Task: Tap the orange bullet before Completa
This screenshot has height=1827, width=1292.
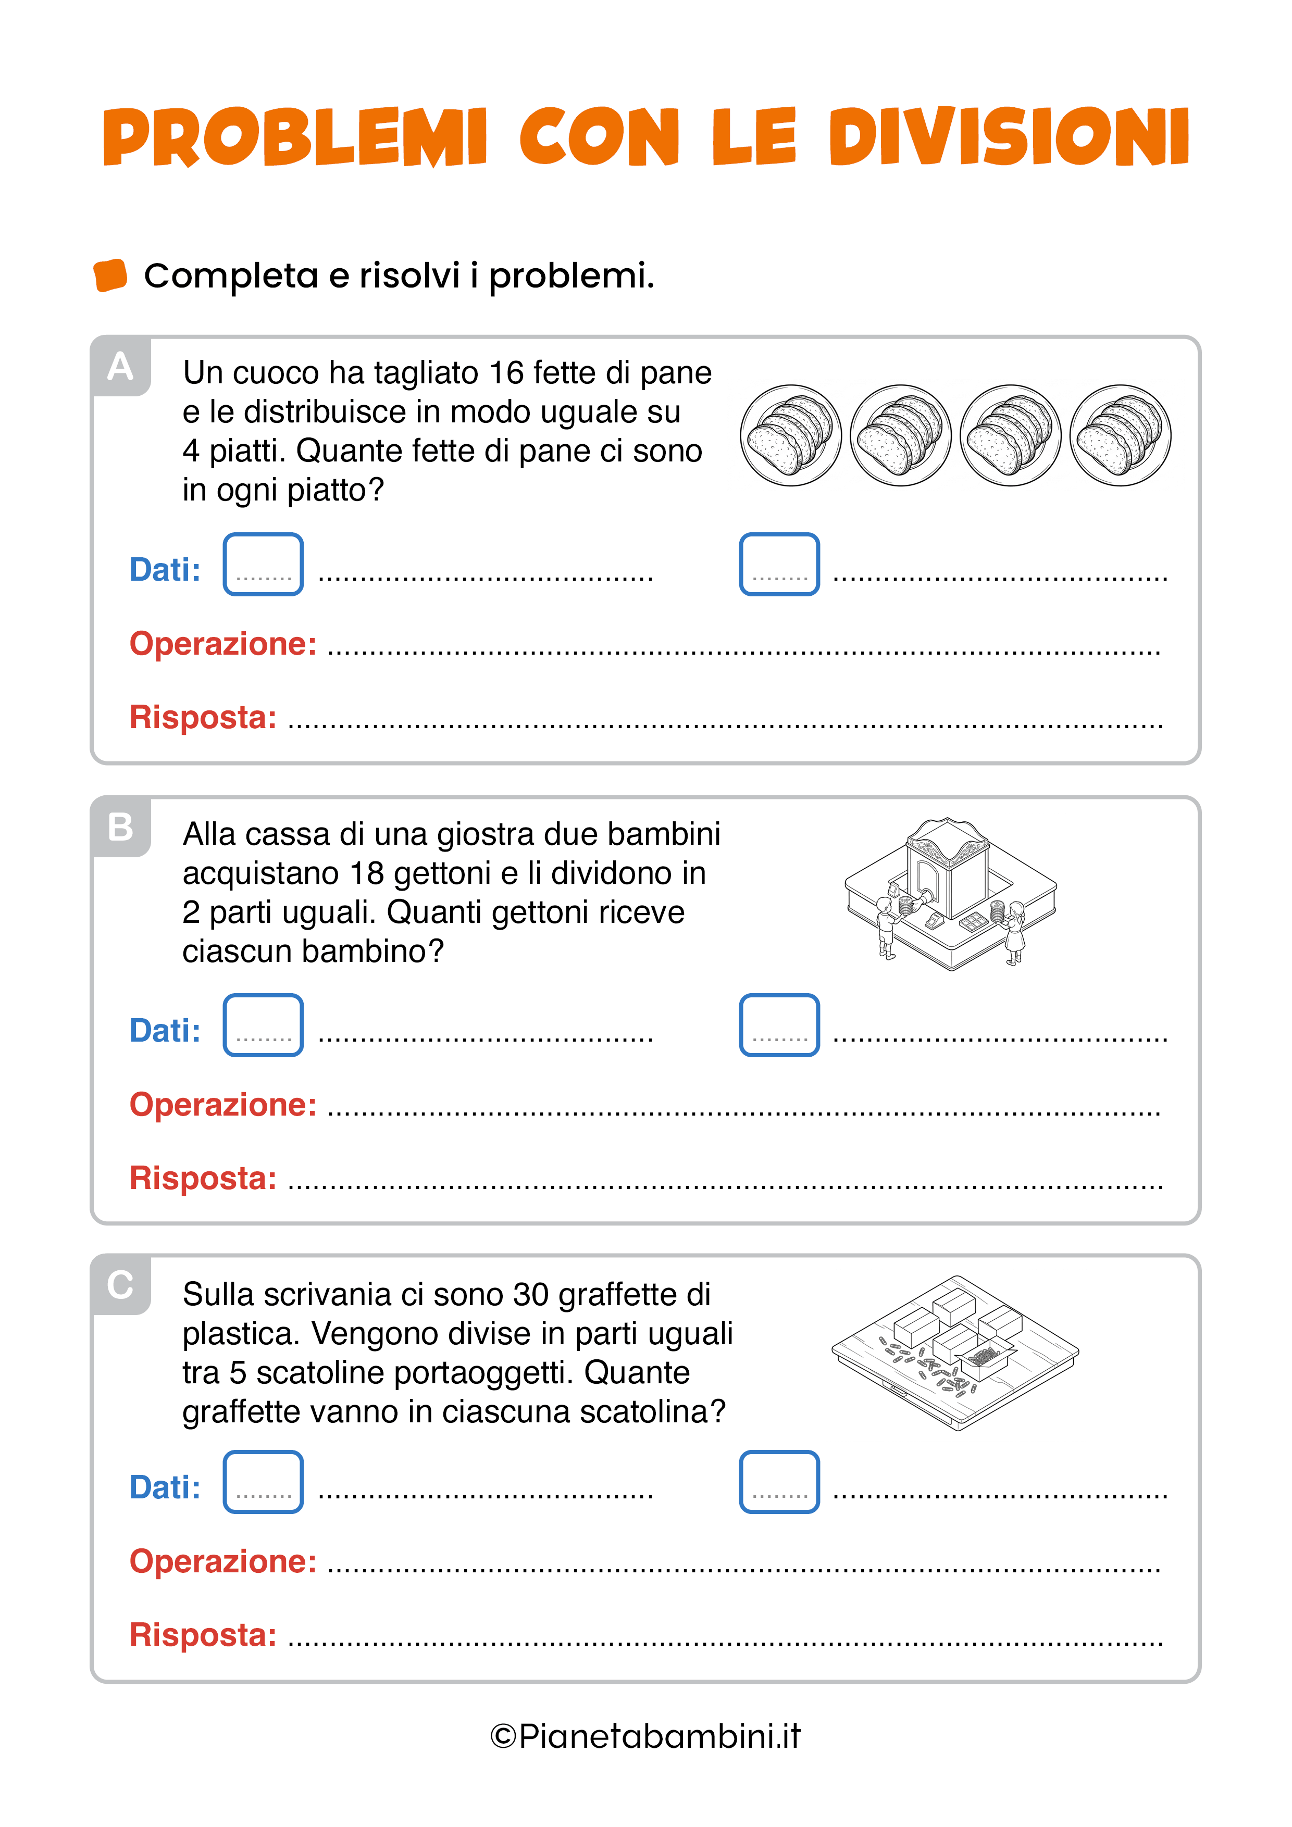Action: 110,276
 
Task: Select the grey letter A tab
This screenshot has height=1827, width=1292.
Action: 120,366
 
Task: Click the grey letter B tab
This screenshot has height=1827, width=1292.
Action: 120,827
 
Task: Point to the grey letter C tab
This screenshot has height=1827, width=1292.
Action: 120,1285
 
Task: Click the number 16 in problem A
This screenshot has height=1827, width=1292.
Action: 506,372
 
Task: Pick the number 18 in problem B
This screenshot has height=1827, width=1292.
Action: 367,873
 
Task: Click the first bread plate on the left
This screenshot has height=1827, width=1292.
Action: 790,435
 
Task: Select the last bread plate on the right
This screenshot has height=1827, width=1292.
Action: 1120,435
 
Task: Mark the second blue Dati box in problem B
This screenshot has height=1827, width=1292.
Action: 779,1025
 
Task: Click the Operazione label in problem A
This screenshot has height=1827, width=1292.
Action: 223,644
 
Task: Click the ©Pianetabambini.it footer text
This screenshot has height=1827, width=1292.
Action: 645,1736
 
